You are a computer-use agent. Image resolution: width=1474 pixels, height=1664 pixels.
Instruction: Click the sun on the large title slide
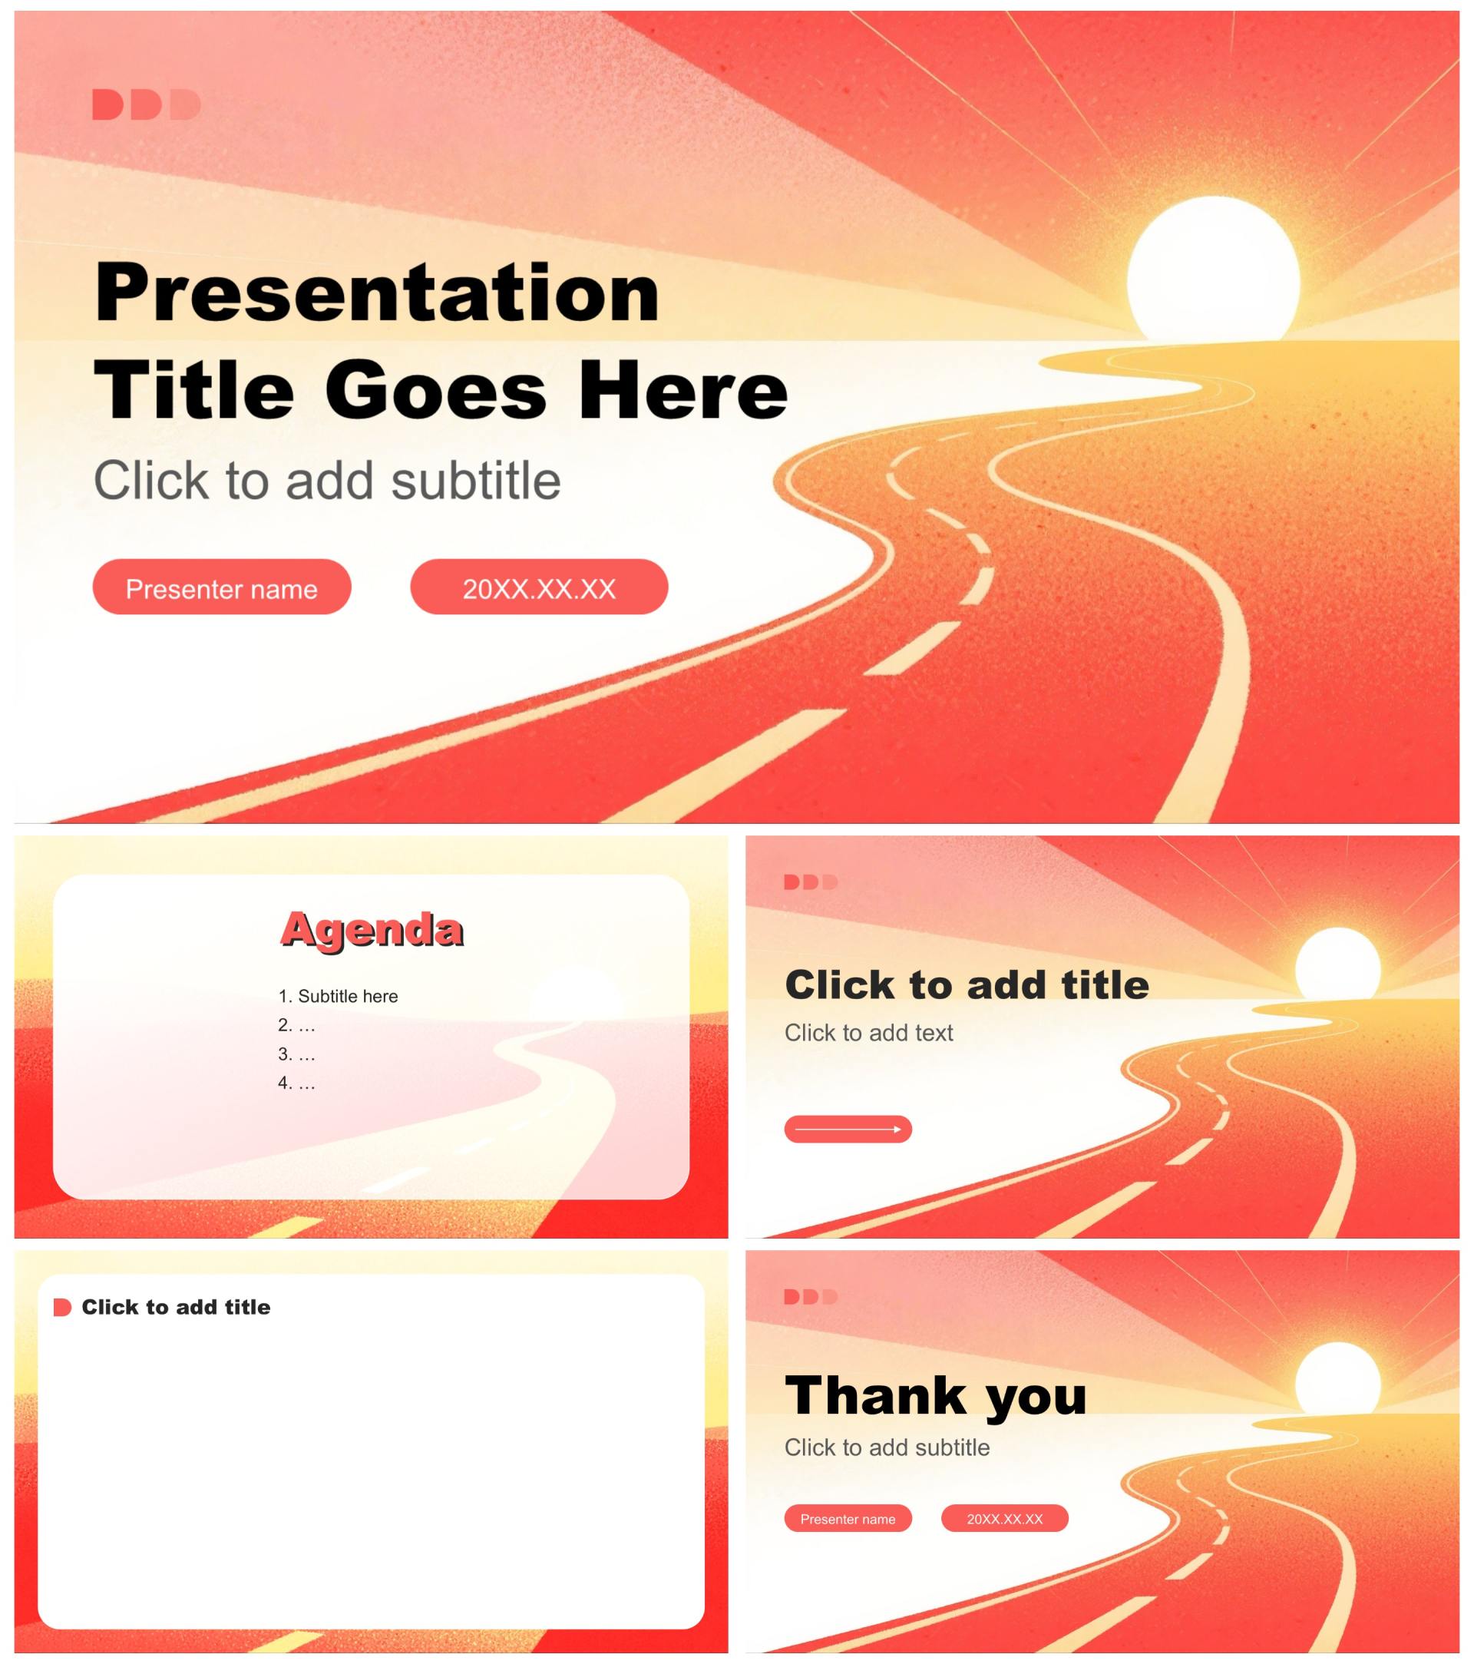click(1213, 269)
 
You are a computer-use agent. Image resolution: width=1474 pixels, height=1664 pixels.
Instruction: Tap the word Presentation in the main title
click(377, 293)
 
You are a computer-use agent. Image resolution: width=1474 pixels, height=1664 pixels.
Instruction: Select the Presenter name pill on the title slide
click(221, 586)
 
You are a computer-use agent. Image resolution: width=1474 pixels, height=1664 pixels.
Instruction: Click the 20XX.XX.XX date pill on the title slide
click(539, 586)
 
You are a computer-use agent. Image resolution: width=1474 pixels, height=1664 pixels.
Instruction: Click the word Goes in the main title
click(435, 391)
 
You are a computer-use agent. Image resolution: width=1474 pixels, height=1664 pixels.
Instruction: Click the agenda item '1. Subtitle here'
click(338, 996)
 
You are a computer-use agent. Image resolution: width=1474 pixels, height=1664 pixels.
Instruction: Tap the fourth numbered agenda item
click(296, 1083)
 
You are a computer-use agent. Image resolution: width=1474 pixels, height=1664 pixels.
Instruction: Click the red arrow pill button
click(848, 1129)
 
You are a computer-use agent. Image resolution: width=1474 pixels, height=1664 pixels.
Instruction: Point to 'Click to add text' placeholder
click(868, 1032)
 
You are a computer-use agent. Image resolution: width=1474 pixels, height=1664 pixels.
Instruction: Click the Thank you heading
click(936, 1395)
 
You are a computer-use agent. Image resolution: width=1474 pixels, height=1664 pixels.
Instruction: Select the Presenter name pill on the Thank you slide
click(848, 1518)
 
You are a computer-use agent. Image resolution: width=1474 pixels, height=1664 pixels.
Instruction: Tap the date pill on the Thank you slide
click(1004, 1518)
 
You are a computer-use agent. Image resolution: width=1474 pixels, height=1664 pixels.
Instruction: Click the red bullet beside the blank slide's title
click(62, 1308)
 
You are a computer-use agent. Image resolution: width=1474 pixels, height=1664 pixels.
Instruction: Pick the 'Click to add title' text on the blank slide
click(176, 1307)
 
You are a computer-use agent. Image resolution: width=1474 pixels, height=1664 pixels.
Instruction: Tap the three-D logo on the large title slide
click(147, 105)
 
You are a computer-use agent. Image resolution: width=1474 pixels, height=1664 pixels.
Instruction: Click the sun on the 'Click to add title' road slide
click(1337, 964)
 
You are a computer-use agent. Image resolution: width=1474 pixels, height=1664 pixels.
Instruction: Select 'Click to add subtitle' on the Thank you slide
click(887, 1447)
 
